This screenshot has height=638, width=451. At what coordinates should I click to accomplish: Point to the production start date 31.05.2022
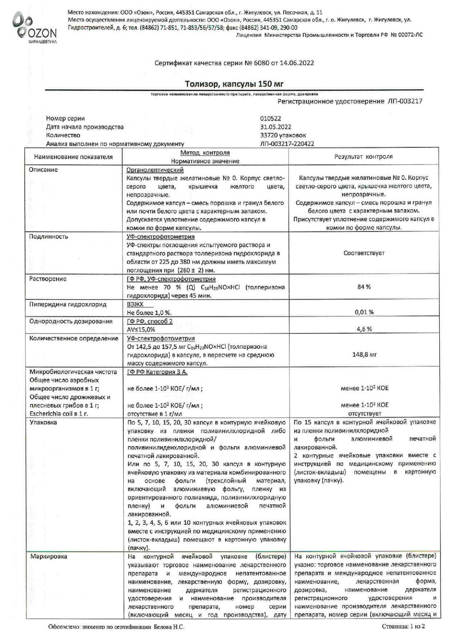[x=275, y=127]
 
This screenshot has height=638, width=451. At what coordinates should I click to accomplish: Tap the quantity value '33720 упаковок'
[x=283, y=135]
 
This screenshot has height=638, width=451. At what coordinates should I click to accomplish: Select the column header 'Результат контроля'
[x=363, y=157]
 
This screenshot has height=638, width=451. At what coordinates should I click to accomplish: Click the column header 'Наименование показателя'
[x=73, y=157]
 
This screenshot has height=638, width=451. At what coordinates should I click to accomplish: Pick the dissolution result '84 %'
[x=363, y=287]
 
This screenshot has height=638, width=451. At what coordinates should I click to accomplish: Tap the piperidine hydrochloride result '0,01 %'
[x=364, y=312]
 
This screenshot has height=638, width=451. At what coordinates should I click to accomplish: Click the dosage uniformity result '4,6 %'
[x=364, y=329]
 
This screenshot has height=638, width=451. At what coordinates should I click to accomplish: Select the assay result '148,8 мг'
[x=364, y=354]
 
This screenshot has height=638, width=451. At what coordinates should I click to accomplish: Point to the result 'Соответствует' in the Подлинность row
[x=364, y=253]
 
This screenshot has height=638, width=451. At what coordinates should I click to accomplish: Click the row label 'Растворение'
[x=48, y=279]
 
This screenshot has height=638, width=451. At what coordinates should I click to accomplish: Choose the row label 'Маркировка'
[x=49, y=557]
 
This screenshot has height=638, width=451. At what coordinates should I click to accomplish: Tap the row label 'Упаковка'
[x=44, y=422]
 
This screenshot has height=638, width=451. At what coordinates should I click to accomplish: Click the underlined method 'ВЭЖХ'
[x=135, y=304]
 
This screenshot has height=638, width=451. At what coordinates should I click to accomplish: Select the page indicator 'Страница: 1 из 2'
[x=403, y=627]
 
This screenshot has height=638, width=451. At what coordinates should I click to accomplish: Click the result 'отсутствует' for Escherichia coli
[x=364, y=414]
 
